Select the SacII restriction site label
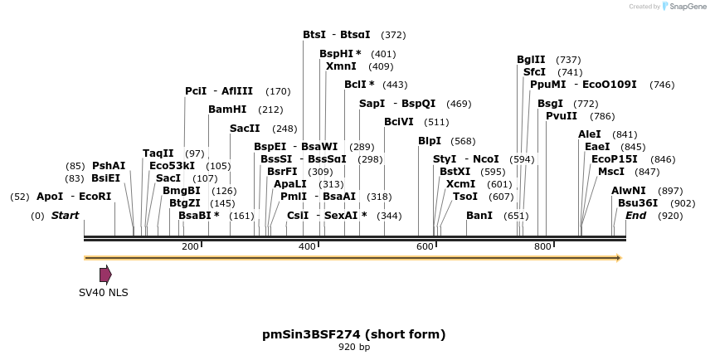pyautogui.click(x=245, y=129)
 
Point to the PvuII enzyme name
pyautogui.click(x=562, y=116)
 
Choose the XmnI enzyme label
pyautogui.click(x=341, y=66)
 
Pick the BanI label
pyautogui.click(x=479, y=216)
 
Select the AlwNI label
pyautogui.click(x=628, y=191)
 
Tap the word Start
pyautogui.click(x=66, y=216)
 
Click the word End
pyautogui.click(x=636, y=216)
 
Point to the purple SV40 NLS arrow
pyautogui.click(x=105, y=275)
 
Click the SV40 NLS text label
pyautogui.click(x=104, y=293)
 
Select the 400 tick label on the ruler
pyautogui.click(x=308, y=247)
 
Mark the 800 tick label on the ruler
pyautogui.click(x=542, y=247)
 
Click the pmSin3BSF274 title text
pyautogui.click(x=354, y=334)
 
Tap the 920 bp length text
pyautogui.click(x=354, y=348)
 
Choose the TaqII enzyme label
pyautogui.click(x=158, y=153)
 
